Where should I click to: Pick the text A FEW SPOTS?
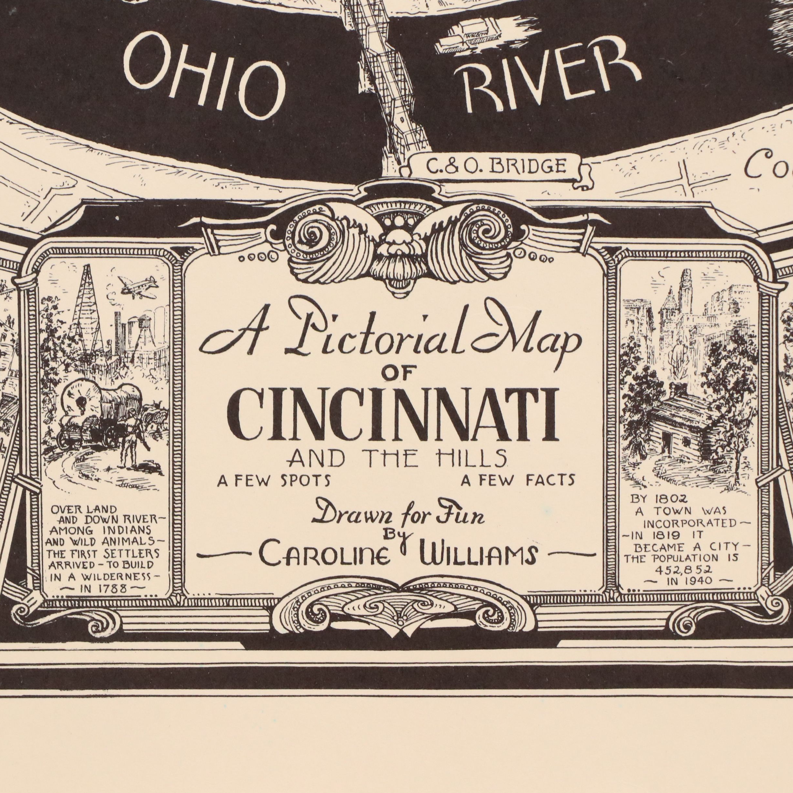point(274,481)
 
